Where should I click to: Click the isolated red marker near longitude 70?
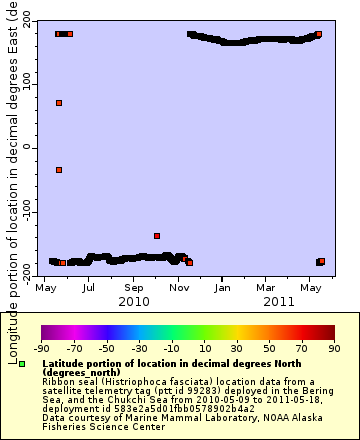59,103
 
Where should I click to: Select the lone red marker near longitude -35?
59,170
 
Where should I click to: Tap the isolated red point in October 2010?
157,236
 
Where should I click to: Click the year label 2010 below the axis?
134,301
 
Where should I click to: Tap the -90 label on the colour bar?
41,348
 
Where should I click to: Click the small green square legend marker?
21,364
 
